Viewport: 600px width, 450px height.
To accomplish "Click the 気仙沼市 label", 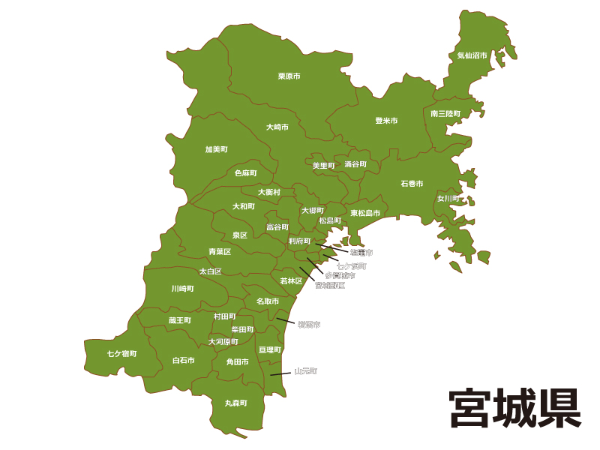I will (x=472, y=55).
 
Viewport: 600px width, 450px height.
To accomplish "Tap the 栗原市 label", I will (x=289, y=76).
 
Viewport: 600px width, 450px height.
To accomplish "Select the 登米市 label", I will (x=386, y=121).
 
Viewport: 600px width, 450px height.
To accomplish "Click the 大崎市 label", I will (x=277, y=127).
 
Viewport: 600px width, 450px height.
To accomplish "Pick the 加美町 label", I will (x=216, y=149).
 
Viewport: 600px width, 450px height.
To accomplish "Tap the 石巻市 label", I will (x=412, y=184).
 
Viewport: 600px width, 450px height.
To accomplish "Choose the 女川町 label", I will (x=448, y=199).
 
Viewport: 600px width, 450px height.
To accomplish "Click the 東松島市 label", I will (x=365, y=213).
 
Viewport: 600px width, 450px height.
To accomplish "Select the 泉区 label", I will (x=239, y=235).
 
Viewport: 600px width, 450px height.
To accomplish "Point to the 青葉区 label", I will (x=220, y=252).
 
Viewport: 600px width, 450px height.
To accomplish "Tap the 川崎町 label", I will (x=182, y=288).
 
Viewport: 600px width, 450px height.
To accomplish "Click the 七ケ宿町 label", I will (x=121, y=353).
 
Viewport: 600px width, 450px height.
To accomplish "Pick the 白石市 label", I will (x=183, y=360).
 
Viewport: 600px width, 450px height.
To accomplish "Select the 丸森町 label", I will (x=235, y=403).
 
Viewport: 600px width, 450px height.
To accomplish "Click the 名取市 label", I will (x=268, y=301).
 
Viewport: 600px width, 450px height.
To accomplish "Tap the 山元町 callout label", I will (x=306, y=370).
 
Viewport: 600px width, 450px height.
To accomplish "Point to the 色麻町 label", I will (x=245, y=173).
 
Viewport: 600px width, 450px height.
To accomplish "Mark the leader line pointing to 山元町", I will (x=280, y=373).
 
